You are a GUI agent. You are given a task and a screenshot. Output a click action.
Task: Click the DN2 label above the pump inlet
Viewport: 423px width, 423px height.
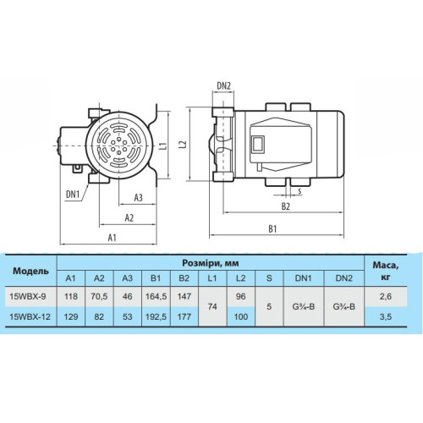click(223, 85)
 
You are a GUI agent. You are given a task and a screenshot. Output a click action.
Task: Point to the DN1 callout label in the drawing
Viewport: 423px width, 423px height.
click(73, 195)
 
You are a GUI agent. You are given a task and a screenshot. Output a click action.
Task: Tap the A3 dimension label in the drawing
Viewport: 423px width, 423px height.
click(138, 198)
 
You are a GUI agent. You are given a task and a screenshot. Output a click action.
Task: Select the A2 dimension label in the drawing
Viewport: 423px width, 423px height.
click(129, 217)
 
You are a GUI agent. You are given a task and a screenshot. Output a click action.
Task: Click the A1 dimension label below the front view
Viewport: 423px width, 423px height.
click(113, 238)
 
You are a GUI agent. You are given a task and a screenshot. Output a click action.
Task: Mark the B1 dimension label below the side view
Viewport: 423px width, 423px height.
click(272, 228)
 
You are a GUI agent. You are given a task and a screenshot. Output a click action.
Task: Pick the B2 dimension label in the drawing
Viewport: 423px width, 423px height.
click(286, 206)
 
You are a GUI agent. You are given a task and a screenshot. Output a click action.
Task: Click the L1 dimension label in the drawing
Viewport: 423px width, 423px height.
click(164, 146)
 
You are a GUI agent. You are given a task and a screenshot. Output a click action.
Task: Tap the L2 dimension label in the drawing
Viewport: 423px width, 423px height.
click(184, 144)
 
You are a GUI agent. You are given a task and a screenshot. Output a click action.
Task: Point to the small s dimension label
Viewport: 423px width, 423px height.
click(299, 191)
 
